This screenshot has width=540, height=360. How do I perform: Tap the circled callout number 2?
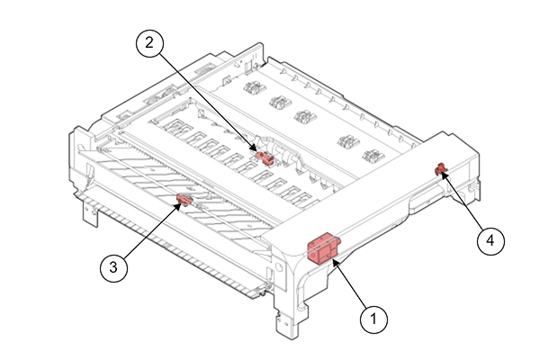148,42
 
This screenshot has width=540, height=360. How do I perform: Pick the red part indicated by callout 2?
265,156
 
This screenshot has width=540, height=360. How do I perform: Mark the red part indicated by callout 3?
184,200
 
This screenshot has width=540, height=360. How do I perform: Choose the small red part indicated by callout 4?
441,167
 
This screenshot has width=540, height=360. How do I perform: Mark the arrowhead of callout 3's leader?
176,207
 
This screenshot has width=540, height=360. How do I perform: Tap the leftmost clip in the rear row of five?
253,90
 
